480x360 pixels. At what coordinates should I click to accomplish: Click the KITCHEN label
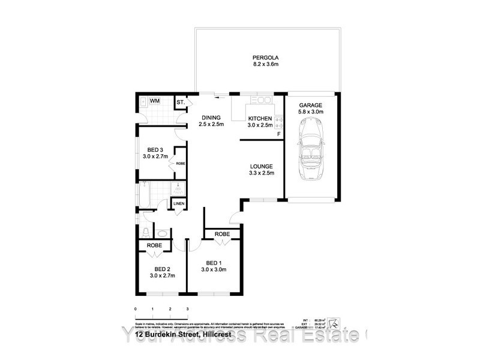[x=260, y=118]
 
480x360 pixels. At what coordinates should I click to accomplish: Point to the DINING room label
[x=211, y=118]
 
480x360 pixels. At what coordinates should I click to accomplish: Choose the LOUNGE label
[x=262, y=167]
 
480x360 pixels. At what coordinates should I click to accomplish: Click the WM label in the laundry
[x=154, y=101]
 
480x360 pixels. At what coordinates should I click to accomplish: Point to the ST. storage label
[x=180, y=103]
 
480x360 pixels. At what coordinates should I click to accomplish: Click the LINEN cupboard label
[x=179, y=205]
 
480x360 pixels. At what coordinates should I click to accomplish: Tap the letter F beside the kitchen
[x=278, y=134]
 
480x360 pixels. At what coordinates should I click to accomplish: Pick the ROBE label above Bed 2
[x=154, y=245]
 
